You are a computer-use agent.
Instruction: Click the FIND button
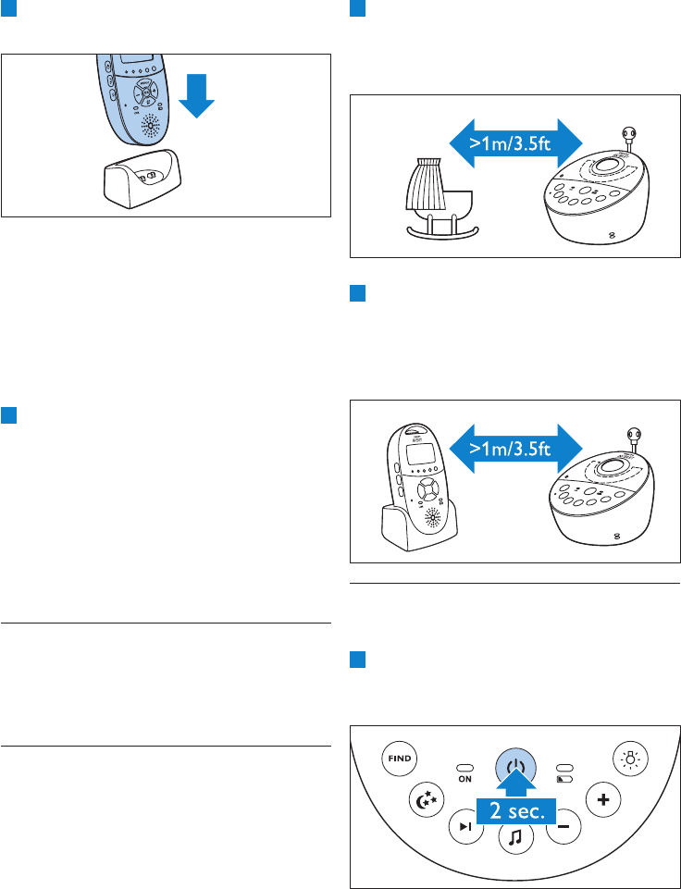399,759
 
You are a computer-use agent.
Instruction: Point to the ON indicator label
465,780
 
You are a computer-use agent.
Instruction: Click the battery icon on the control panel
565,780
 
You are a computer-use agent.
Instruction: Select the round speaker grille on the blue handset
150,124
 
